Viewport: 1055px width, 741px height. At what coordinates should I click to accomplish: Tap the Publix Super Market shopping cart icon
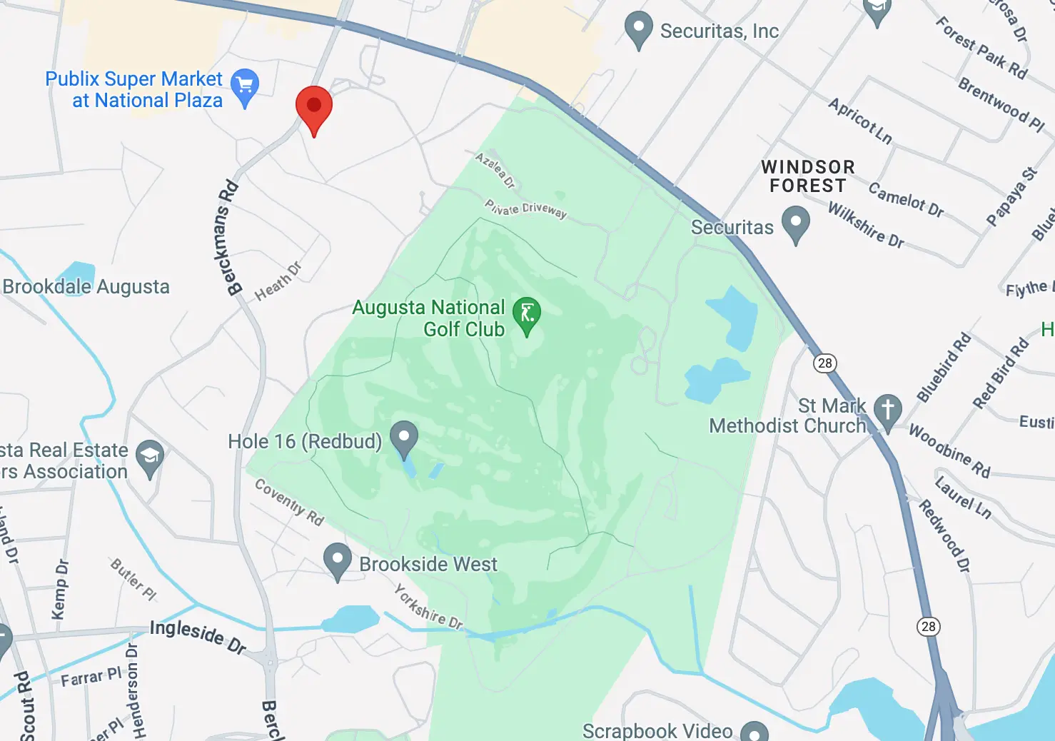tap(245, 86)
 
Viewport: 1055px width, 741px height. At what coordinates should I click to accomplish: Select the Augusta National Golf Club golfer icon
tap(527, 314)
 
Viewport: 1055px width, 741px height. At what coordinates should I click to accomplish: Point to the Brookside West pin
tap(337, 560)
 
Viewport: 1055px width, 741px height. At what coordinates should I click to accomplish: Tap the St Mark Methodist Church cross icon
tap(888, 410)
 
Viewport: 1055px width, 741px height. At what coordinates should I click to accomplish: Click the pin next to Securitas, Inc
tap(638, 29)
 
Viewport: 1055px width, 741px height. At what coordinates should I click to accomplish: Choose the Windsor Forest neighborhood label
tap(807, 176)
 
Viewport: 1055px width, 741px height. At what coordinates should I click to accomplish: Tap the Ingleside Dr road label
tap(198, 636)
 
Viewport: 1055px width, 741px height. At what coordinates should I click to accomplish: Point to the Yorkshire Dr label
tap(429, 608)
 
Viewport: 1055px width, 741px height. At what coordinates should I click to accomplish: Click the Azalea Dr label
tap(495, 170)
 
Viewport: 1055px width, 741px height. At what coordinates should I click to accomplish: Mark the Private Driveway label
tap(526, 208)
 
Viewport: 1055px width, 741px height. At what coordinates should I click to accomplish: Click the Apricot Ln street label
tap(860, 121)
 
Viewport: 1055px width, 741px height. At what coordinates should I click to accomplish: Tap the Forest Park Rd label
tap(981, 49)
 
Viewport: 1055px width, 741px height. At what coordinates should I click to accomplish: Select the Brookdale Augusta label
tap(86, 287)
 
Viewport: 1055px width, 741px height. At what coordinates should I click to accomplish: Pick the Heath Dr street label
tap(278, 281)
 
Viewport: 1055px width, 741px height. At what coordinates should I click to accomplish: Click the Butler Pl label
tap(133, 579)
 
